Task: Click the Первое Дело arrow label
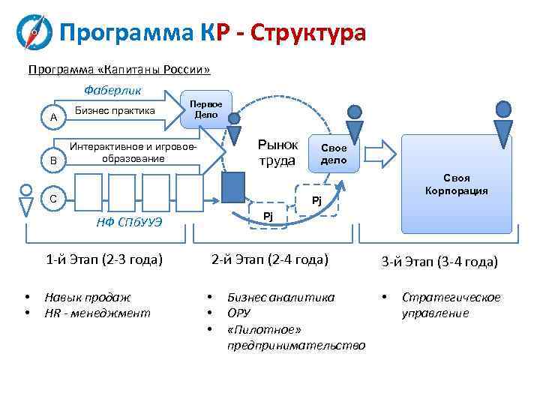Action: point(205,110)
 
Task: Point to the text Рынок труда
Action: point(277,152)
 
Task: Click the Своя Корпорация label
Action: point(456,184)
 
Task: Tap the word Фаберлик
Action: point(112,91)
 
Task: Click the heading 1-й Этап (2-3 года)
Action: point(104,260)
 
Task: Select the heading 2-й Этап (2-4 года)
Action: point(270,259)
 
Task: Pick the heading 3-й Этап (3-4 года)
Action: point(439,262)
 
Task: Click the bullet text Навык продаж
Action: point(88,297)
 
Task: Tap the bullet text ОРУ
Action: point(238,313)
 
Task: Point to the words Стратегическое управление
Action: point(451,305)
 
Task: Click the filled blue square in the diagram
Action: point(234,187)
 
